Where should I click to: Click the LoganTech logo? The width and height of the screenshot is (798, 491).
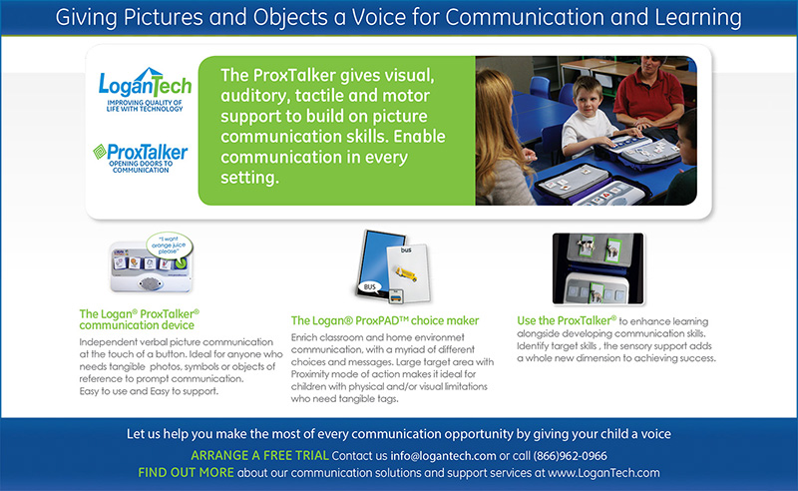[x=145, y=89]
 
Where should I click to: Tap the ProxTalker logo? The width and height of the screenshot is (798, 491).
[x=141, y=158]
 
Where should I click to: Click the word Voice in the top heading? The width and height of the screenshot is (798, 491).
[x=379, y=17]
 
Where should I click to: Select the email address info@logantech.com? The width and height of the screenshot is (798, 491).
[x=443, y=456]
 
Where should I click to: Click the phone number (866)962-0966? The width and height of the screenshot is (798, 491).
[x=570, y=456]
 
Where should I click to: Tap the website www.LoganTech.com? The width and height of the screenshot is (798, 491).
[x=603, y=473]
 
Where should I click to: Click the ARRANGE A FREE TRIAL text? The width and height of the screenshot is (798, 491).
[x=259, y=455]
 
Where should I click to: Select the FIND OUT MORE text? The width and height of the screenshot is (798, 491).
[x=186, y=473]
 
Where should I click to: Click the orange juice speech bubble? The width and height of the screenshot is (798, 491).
[x=169, y=245]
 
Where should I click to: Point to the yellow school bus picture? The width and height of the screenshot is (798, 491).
[x=406, y=274]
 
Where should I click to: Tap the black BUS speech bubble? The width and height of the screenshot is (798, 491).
[x=370, y=287]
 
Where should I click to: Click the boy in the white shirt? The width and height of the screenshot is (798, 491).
[x=587, y=118]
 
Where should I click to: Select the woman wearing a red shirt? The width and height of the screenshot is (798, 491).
[x=649, y=94]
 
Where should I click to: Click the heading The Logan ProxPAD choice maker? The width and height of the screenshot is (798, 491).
[x=385, y=321]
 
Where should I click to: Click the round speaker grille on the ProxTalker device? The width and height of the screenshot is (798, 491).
[x=151, y=282]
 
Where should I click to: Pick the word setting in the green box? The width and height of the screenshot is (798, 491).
[x=249, y=178]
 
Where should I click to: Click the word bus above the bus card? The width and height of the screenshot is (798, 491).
[x=406, y=250]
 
